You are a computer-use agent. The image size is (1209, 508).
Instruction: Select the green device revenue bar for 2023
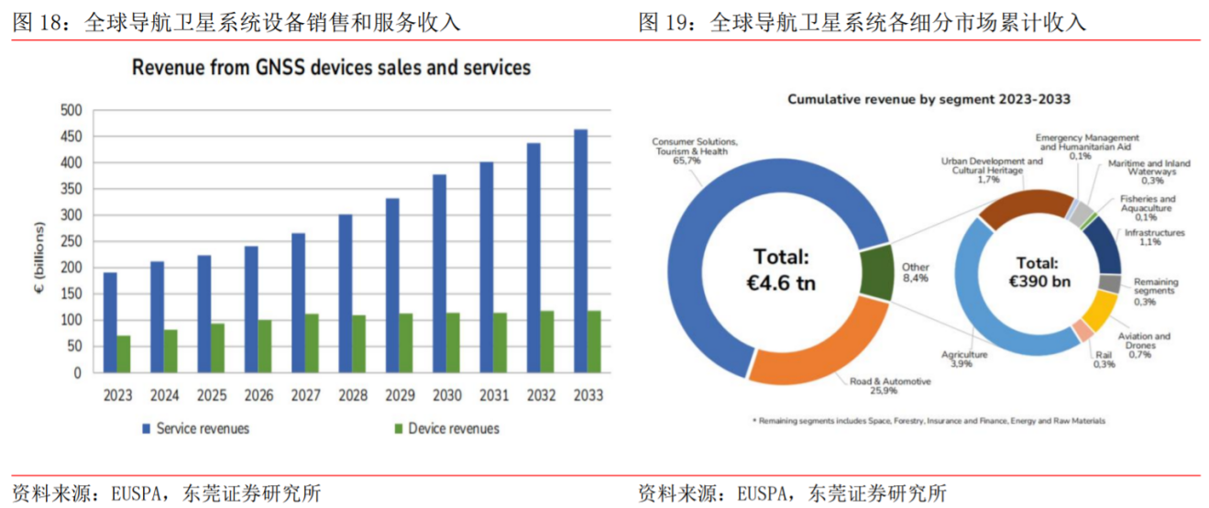click(124, 354)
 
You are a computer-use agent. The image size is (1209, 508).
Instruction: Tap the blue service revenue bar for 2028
click(346, 293)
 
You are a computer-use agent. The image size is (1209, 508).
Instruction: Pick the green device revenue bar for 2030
click(454, 343)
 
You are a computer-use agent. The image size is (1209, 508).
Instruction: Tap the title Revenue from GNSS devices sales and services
click(331, 68)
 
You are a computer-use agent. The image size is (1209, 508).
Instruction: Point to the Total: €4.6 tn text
click(783, 269)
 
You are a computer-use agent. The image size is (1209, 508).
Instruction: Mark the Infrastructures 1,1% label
click(1154, 237)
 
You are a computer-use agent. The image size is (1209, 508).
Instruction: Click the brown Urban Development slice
click(1017, 206)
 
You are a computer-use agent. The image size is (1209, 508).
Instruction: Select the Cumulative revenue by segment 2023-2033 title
click(929, 99)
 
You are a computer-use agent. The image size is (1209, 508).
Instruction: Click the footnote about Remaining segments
click(929, 421)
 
